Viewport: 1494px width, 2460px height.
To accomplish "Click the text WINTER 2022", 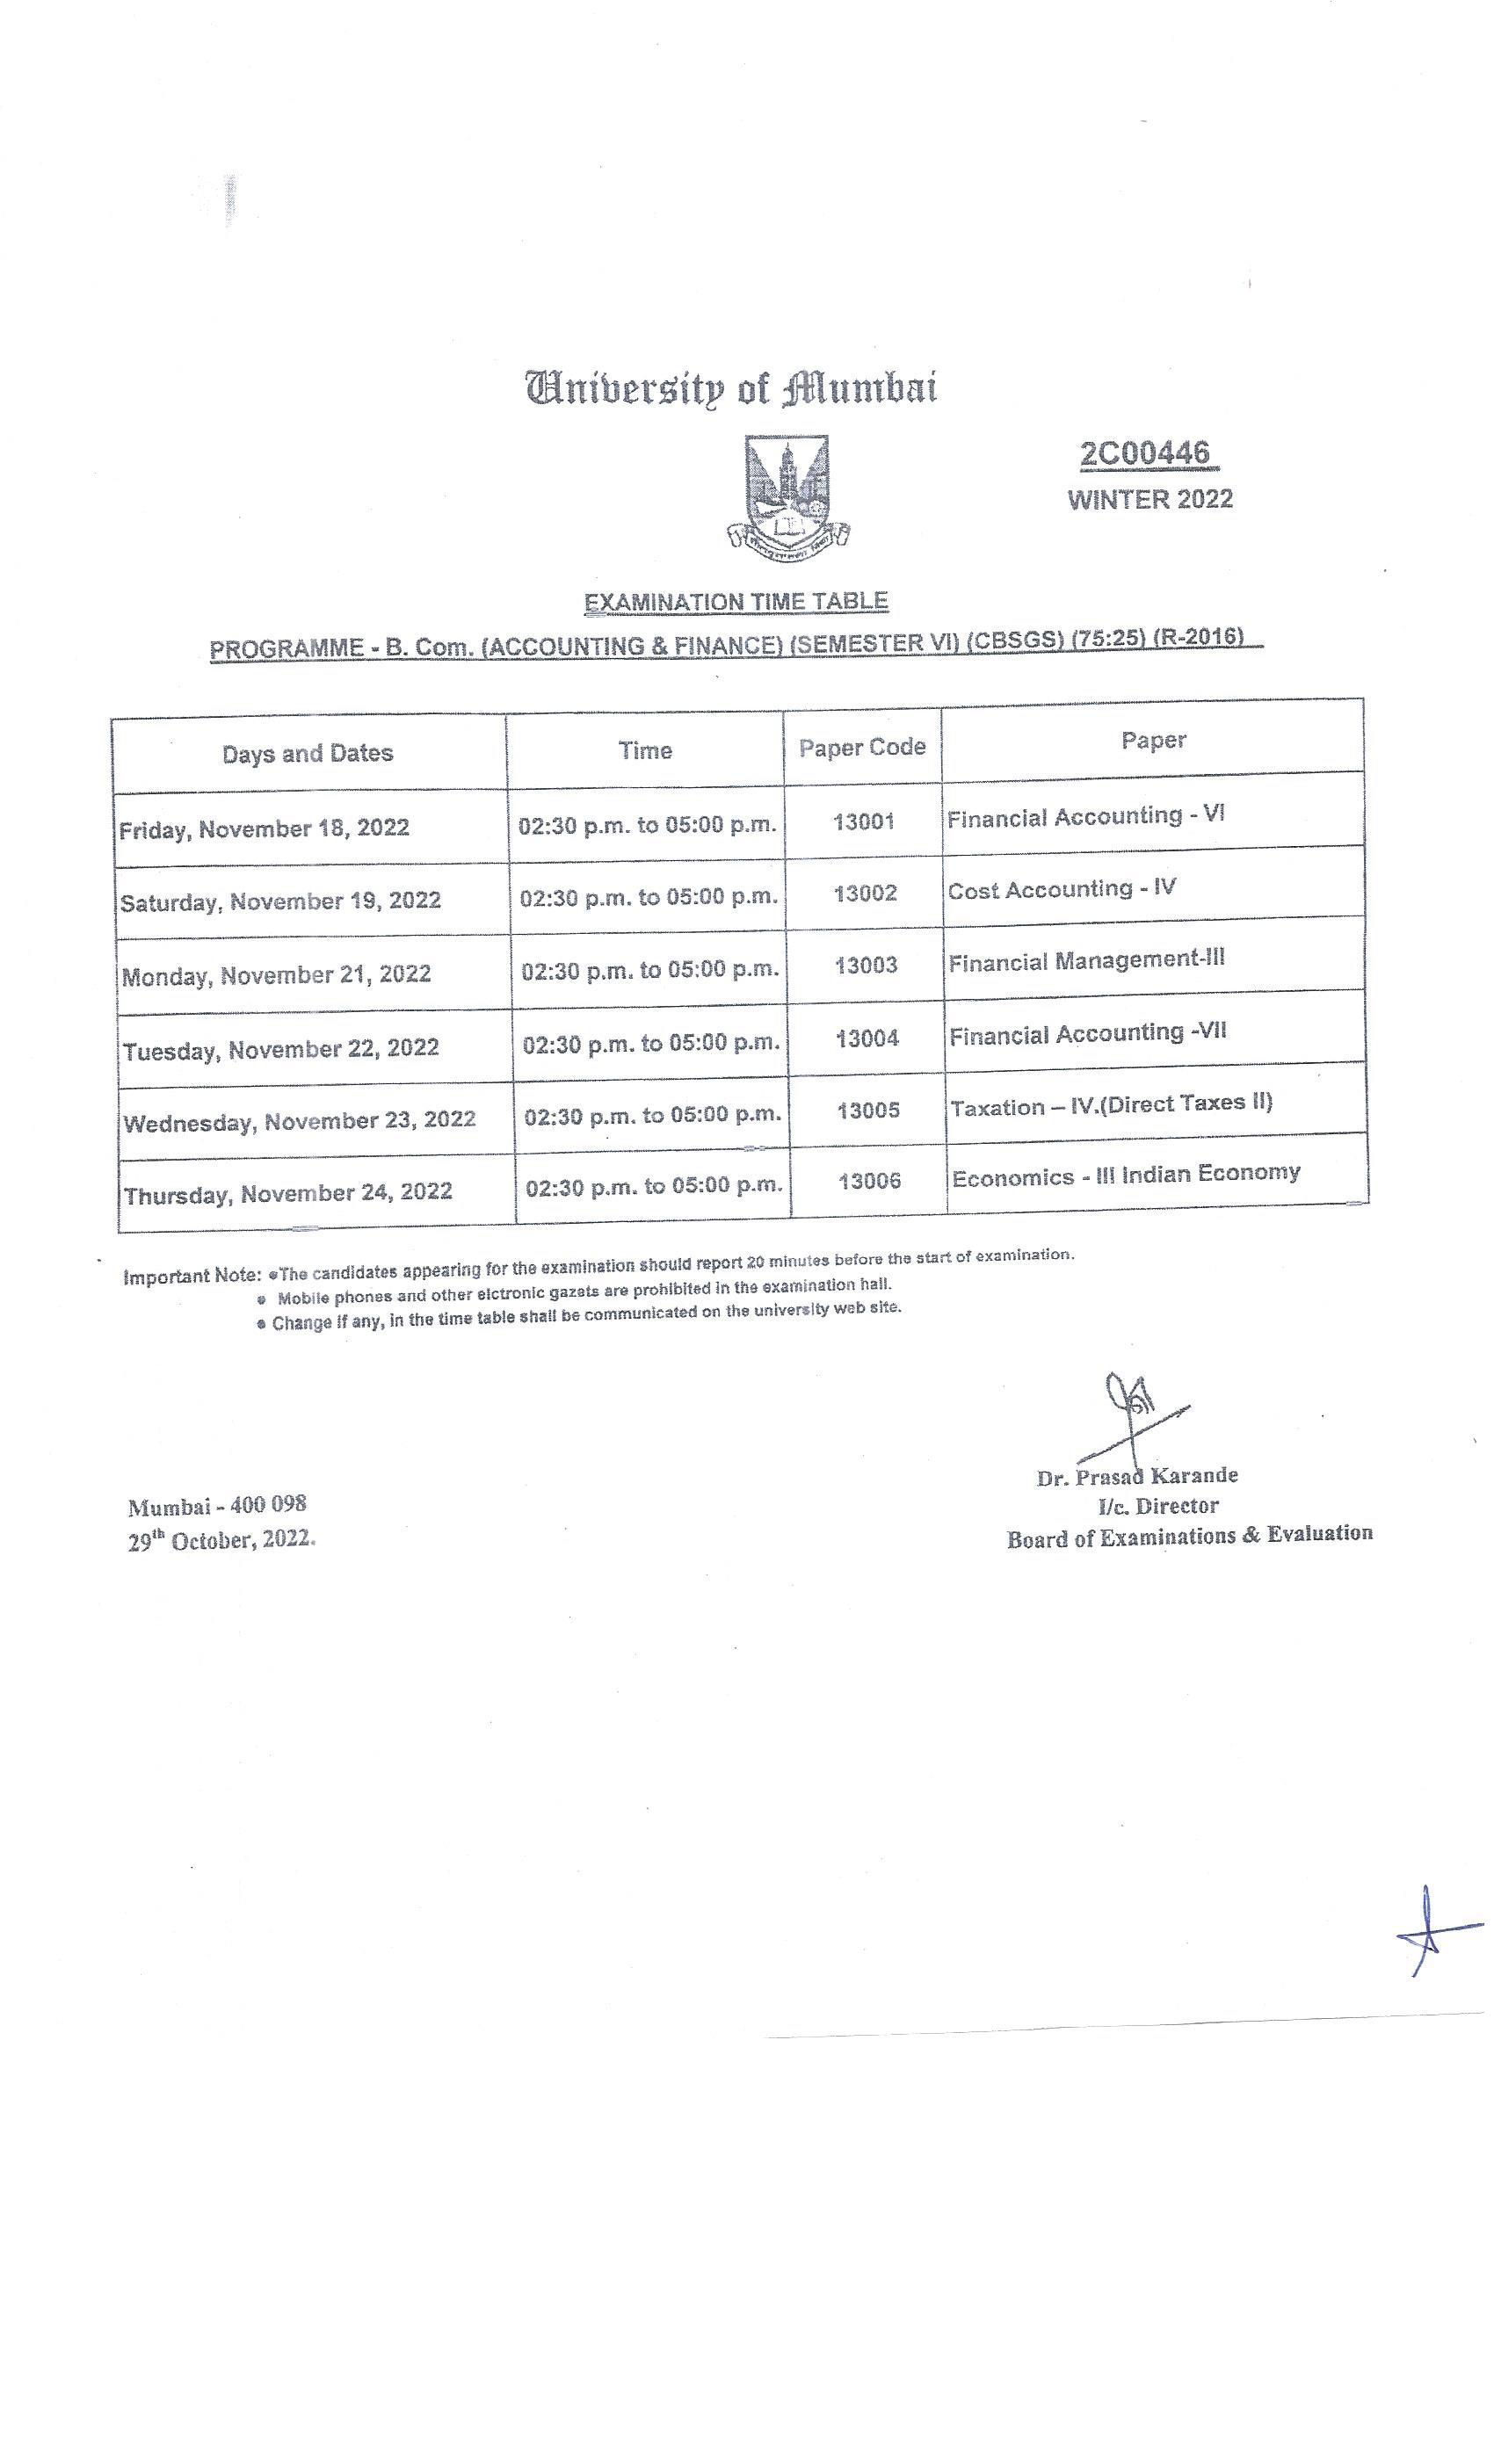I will click(1150, 499).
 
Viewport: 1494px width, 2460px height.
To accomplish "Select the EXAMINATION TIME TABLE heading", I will click(736, 602).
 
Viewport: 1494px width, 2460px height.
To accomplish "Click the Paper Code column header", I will click(862, 748).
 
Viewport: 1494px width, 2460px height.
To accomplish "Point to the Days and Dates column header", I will click(308, 754).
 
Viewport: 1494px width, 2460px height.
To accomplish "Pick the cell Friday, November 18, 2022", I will click(265, 828).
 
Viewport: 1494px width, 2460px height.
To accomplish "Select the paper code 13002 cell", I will click(865, 894).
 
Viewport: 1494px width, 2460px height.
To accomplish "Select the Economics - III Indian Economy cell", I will click(1126, 1176).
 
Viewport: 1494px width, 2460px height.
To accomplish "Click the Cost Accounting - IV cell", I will click(1061, 889).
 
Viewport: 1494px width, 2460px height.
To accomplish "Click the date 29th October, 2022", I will click(221, 1540).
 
